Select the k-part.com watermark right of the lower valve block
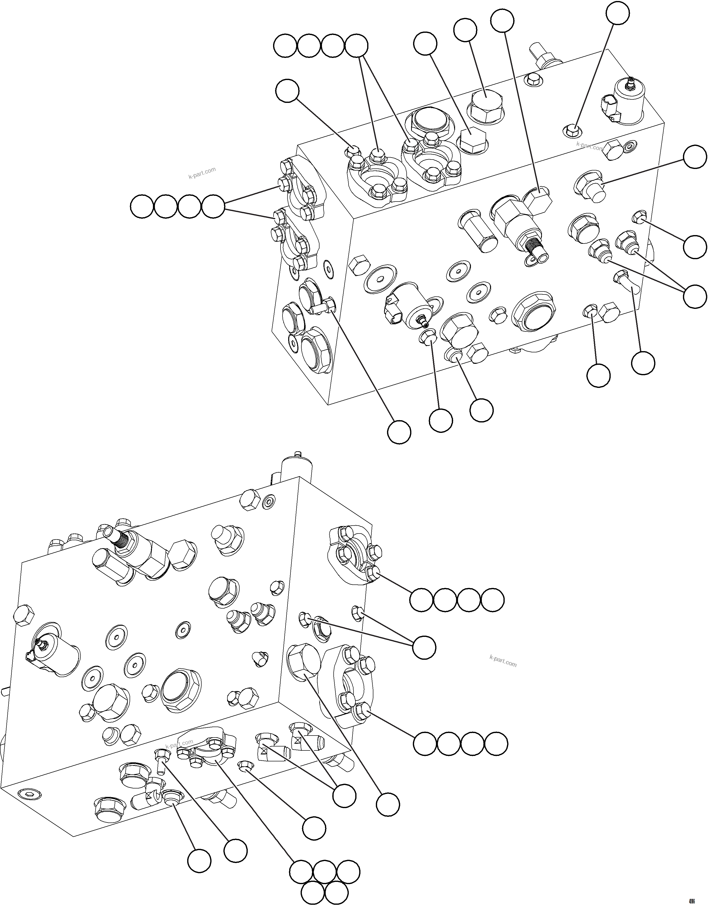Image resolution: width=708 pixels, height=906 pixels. [x=502, y=661]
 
